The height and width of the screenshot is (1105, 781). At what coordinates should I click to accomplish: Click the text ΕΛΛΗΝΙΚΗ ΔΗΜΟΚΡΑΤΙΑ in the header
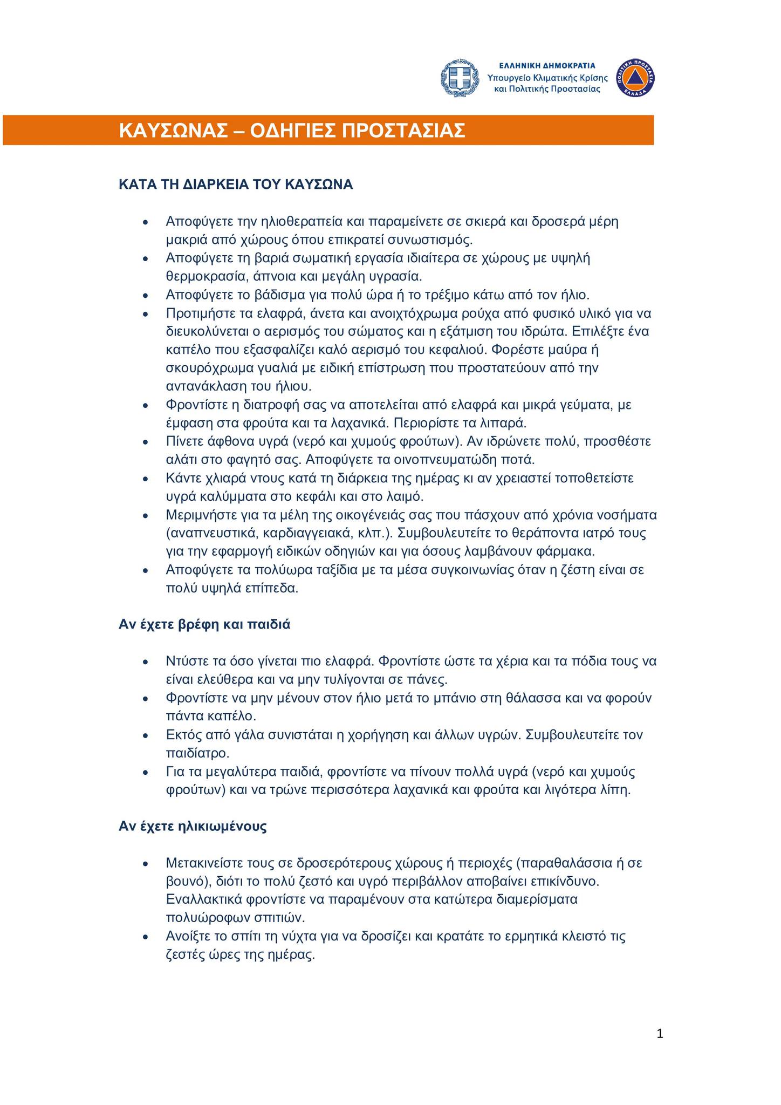pyautogui.click(x=547, y=65)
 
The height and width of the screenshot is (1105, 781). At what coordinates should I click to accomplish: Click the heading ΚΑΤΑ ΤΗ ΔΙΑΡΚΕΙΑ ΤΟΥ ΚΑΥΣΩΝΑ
pyautogui.click(x=236, y=185)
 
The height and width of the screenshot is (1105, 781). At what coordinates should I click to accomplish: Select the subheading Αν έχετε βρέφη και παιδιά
pyautogui.click(x=204, y=625)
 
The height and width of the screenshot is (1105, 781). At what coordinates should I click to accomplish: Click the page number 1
pyautogui.click(x=660, y=1034)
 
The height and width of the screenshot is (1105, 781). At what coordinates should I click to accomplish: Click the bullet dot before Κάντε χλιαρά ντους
pyautogui.click(x=145, y=479)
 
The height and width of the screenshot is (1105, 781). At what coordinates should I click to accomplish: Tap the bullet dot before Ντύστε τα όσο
pyautogui.click(x=145, y=662)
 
